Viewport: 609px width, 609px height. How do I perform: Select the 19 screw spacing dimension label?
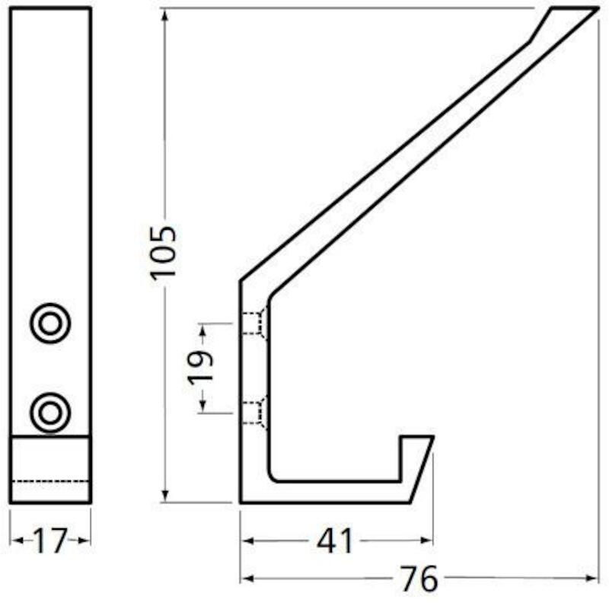[x=201, y=368]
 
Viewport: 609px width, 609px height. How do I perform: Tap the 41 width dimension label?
[x=335, y=540]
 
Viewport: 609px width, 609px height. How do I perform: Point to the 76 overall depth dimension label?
[x=419, y=579]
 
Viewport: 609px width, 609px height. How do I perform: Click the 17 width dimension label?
[x=49, y=540]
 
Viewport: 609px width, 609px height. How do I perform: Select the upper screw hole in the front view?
[x=50, y=323]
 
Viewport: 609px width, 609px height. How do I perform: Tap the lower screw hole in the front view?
[x=50, y=413]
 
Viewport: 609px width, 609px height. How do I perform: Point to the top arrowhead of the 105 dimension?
[x=165, y=15]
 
